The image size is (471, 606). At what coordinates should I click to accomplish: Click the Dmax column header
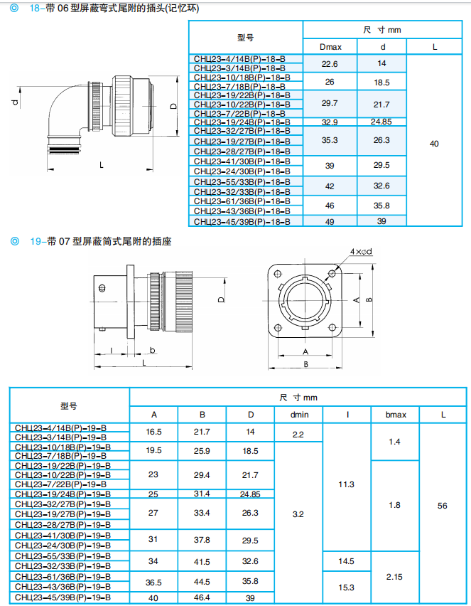pyautogui.click(x=330, y=47)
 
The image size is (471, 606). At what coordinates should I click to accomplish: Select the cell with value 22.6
pyautogui.click(x=330, y=63)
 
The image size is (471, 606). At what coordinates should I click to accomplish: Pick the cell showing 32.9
pyautogui.click(x=330, y=122)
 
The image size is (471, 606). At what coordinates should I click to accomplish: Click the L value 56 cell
pyautogui.click(x=443, y=506)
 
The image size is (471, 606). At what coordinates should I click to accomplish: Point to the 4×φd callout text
pyautogui.click(x=361, y=252)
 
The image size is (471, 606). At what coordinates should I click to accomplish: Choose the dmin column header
pyautogui.click(x=298, y=415)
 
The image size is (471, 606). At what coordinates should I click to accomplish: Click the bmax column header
pyautogui.click(x=395, y=415)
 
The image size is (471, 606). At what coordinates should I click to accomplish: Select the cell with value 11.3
pyautogui.click(x=346, y=484)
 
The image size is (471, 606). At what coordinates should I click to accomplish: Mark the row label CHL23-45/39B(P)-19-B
pyautogui.click(x=63, y=597)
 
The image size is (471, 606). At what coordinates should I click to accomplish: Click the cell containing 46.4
pyautogui.click(x=202, y=597)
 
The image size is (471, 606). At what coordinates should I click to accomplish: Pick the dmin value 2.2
pyautogui.click(x=298, y=433)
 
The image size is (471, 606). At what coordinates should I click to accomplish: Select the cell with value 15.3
pyautogui.click(x=346, y=587)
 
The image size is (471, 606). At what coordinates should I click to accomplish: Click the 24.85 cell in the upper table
pyautogui.click(x=381, y=122)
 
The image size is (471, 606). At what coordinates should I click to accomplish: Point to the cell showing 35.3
pyautogui.click(x=330, y=140)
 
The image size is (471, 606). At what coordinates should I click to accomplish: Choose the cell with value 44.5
pyautogui.click(x=202, y=581)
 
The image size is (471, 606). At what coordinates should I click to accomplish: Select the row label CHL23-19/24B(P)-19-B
pyautogui.click(x=63, y=494)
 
